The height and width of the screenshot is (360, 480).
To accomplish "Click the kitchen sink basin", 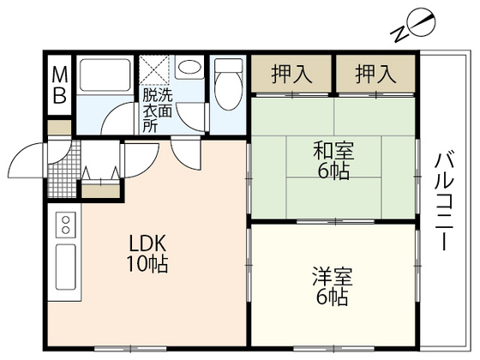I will coord(64,267).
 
